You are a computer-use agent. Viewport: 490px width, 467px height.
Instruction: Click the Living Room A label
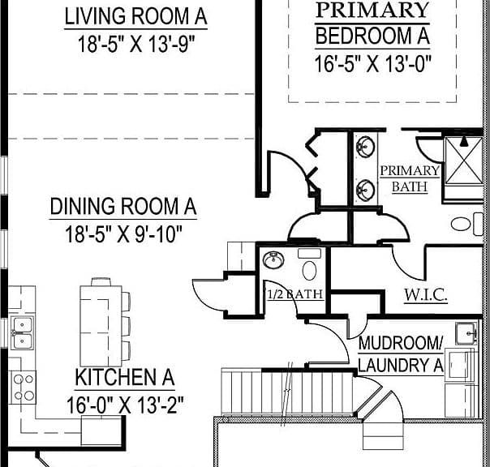tap(135, 16)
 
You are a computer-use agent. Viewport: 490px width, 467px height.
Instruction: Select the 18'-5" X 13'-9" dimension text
tap(136, 44)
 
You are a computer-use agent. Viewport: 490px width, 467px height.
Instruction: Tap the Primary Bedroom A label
tap(372, 24)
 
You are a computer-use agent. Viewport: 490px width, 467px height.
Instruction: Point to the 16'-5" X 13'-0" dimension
tap(373, 64)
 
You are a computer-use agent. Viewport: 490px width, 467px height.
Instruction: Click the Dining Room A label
tap(123, 206)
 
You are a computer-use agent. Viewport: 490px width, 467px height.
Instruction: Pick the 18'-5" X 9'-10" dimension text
tap(123, 234)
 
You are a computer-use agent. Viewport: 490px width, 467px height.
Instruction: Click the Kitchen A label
tap(125, 377)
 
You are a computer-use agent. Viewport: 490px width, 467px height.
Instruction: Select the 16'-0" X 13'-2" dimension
tap(125, 405)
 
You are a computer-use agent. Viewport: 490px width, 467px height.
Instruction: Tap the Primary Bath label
tap(410, 178)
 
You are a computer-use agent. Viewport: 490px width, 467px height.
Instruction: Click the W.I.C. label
tap(426, 294)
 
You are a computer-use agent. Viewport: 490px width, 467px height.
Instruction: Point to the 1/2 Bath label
tap(295, 294)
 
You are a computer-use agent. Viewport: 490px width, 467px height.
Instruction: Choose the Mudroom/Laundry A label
tap(401, 354)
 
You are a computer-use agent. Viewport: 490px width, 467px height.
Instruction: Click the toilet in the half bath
tap(309, 265)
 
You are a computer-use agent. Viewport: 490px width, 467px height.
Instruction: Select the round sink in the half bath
tap(273, 260)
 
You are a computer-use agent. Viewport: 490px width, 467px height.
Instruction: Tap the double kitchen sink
tap(22, 332)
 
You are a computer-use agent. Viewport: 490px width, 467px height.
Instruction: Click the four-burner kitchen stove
tap(24, 388)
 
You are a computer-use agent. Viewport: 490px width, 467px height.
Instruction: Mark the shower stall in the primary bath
tap(464, 160)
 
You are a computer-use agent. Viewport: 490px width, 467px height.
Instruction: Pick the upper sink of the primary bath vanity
tap(366, 147)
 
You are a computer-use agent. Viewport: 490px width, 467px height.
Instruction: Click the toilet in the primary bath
tap(467, 224)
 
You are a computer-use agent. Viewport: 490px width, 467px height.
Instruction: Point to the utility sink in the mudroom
tap(466, 333)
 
